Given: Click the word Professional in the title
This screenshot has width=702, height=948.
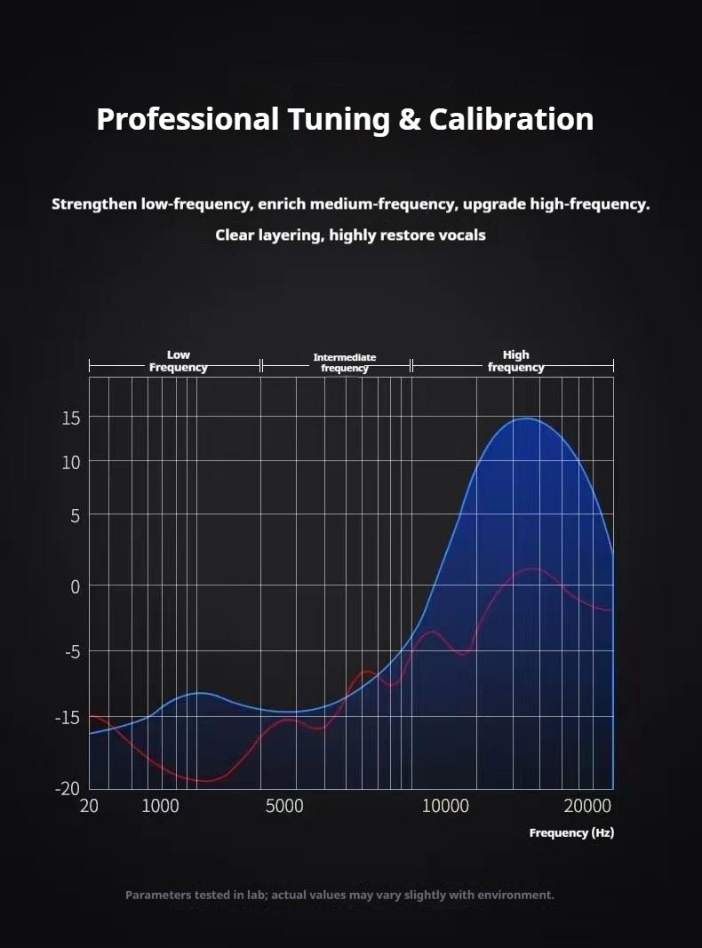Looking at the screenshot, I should click(x=187, y=119).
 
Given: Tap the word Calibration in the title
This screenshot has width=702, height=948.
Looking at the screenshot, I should click(x=511, y=119).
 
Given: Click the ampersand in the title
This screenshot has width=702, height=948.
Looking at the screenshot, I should click(x=409, y=119).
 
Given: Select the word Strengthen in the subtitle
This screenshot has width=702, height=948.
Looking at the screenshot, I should click(x=94, y=204).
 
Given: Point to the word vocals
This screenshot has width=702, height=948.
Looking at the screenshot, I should click(x=462, y=235).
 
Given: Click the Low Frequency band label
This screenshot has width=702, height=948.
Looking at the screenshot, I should click(x=178, y=361).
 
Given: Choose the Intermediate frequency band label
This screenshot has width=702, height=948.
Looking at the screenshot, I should click(x=345, y=362).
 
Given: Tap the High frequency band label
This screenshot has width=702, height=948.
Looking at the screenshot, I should click(x=515, y=361).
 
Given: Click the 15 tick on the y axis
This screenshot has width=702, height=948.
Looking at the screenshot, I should click(x=70, y=418).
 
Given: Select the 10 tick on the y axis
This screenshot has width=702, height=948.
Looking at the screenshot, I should click(x=70, y=462).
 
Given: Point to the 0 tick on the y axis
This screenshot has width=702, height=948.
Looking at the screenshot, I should click(x=75, y=586).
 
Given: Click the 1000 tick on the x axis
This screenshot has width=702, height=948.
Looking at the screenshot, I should click(x=160, y=807).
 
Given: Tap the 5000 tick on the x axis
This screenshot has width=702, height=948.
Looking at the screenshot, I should click(x=284, y=807).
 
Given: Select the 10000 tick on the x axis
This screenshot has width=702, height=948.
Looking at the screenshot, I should click(x=445, y=807).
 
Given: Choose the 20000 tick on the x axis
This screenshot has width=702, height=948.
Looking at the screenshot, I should click(x=586, y=807).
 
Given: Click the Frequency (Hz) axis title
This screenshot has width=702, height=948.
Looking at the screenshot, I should click(x=571, y=832).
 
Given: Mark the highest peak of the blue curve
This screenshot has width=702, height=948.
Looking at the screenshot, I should click(x=527, y=418).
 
